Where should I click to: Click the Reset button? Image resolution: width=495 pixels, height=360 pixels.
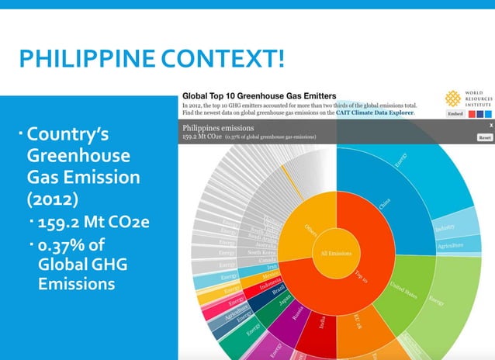(485, 137)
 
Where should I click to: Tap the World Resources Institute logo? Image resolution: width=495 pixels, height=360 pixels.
(452, 99)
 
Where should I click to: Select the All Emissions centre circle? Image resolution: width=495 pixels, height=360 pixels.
(334, 253)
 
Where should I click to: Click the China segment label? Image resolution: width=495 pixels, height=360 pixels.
(385, 204)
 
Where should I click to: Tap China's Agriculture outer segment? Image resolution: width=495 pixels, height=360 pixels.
(448, 246)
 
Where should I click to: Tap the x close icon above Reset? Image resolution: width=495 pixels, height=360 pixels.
(490, 124)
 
